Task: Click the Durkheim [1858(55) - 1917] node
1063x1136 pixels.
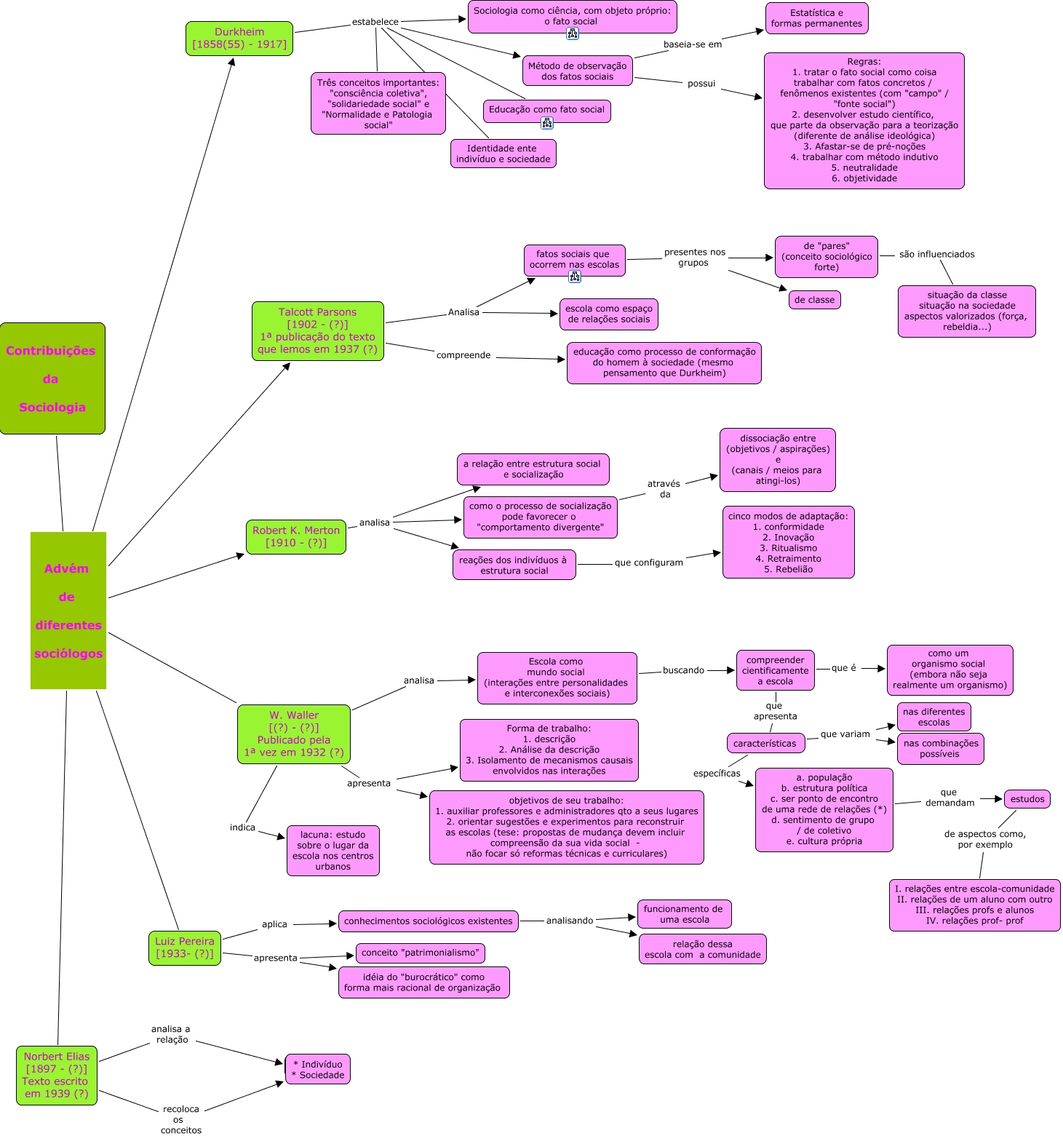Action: click(x=239, y=39)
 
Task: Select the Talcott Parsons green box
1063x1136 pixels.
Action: click(x=318, y=331)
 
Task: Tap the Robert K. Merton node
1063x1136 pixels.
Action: click(x=296, y=537)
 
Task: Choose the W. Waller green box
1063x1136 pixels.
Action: click(x=294, y=734)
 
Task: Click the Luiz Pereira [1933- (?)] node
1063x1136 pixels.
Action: click(x=185, y=948)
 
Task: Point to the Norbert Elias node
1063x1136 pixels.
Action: click(x=57, y=1075)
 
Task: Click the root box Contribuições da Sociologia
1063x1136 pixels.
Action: click(x=52, y=378)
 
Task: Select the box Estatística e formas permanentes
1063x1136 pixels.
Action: click(x=816, y=18)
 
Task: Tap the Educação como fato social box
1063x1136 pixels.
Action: click(x=546, y=110)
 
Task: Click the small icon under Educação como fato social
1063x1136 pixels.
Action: click(x=547, y=124)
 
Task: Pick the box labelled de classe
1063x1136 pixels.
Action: click(x=814, y=300)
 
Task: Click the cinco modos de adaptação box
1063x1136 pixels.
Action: click(x=788, y=542)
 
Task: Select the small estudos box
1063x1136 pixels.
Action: click(x=1027, y=799)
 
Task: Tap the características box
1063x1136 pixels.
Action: click(x=765, y=743)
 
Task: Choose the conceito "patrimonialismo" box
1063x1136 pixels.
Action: click(x=420, y=953)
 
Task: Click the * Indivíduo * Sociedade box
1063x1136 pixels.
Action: click(x=318, y=1069)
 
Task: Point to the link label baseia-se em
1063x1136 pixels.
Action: click(x=693, y=44)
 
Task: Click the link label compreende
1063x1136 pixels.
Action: click(x=463, y=355)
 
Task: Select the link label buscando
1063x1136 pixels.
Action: click(x=683, y=670)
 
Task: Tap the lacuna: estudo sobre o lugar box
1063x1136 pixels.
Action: click(x=333, y=850)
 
